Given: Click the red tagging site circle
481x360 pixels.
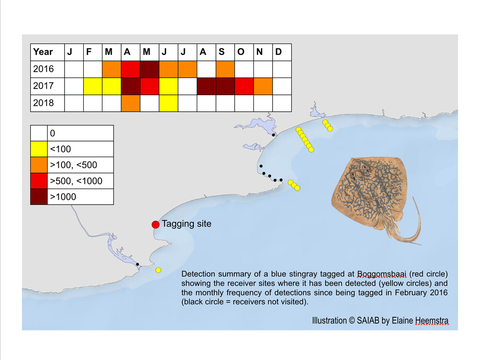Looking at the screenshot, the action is (155, 225).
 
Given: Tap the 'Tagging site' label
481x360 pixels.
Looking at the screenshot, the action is (187, 224).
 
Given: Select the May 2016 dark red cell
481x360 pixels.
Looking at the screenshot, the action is (150, 69).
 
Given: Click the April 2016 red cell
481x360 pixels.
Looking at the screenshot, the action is (130, 69).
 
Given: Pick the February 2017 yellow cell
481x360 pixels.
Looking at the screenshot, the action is (93, 86).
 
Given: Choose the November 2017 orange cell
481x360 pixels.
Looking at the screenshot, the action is (263, 86).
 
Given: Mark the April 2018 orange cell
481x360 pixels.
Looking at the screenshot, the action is (130, 103).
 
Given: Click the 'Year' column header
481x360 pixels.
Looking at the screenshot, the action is (43, 52).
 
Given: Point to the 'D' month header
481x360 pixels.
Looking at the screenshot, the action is (278, 52).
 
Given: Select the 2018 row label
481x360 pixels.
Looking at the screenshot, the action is (44, 103).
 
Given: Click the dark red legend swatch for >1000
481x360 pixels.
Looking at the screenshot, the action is (39, 197).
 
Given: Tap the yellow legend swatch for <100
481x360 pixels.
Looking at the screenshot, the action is (39, 149).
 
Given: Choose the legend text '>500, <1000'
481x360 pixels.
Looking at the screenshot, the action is (76, 181).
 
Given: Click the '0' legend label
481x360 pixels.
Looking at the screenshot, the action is (53, 133).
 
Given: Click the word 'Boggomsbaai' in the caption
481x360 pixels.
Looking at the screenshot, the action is (382, 274).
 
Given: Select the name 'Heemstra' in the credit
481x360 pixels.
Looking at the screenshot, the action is (432, 320).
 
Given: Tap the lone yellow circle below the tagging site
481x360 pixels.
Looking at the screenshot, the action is (158, 270).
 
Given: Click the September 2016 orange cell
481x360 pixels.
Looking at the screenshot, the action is (225, 69).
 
